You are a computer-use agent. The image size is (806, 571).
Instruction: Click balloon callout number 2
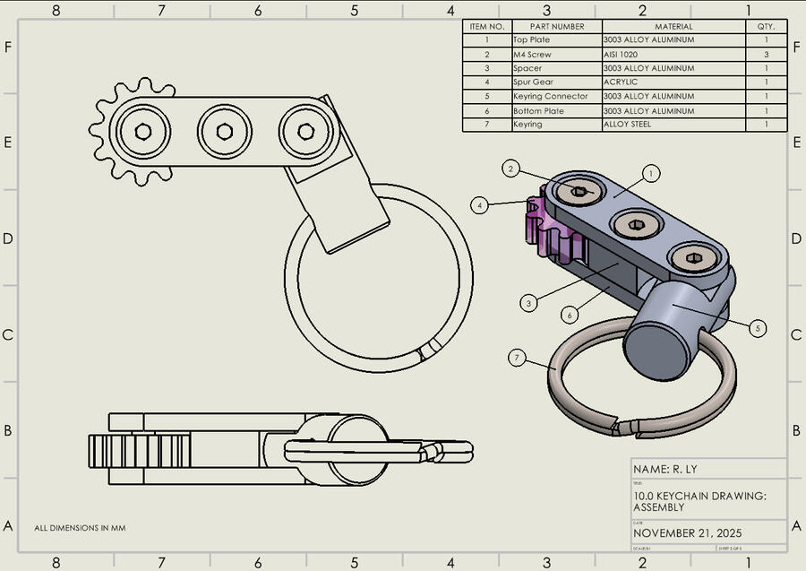(x=510, y=169)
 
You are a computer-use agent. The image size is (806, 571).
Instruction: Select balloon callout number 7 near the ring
(x=517, y=358)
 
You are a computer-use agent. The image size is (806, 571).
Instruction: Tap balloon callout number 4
(x=481, y=205)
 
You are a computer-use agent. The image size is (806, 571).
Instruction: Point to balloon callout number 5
(x=759, y=329)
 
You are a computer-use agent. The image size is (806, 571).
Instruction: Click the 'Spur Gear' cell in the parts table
(x=533, y=82)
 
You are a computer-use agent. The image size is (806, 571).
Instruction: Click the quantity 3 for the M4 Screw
(x=767, y=54)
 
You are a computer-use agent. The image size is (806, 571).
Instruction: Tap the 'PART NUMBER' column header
(x=556, y=27)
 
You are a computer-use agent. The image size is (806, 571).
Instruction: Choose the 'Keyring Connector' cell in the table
(x=550, y=96)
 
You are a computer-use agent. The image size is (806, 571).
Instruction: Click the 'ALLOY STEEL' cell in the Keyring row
(x=627, y=124)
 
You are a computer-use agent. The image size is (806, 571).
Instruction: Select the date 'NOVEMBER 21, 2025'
(x=687, y=532)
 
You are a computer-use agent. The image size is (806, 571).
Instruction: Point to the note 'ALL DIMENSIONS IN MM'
(x=80, y=528)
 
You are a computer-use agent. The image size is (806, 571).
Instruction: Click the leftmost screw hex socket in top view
(x=143, y=132)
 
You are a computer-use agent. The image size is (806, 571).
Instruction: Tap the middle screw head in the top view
(x=224, y=132)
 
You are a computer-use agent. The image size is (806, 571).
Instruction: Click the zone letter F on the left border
(x=8, y=46)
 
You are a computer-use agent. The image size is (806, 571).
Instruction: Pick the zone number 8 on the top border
(x=56, y=10)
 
